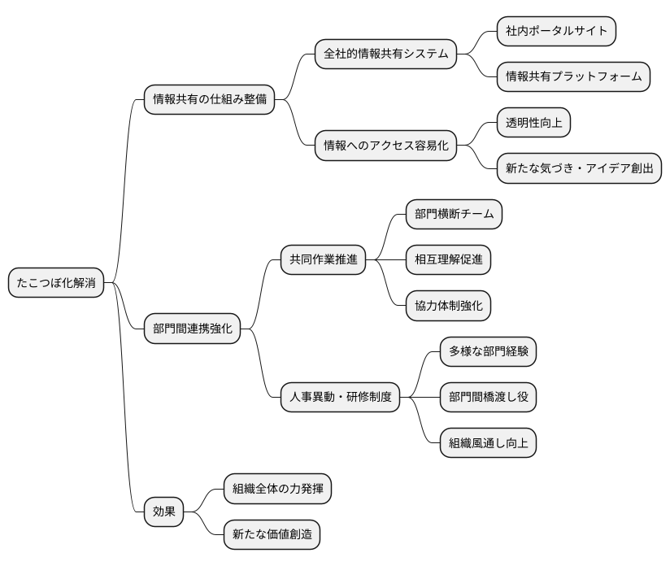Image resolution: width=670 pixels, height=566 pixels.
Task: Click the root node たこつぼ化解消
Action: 56,283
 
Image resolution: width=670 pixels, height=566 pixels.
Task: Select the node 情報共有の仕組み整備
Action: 209,100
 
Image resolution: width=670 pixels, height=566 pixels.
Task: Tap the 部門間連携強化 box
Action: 193,329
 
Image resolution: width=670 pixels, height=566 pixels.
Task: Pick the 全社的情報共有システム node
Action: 386,54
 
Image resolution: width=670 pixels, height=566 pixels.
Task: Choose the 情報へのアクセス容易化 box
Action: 386,146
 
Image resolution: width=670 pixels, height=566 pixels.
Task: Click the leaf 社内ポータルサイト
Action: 557,31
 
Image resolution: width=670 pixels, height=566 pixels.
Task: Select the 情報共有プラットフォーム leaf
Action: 574,76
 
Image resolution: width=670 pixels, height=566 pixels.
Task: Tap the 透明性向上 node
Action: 533,123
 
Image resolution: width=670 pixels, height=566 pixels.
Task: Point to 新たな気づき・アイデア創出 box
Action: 579,168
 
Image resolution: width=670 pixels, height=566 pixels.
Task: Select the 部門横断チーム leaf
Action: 454,214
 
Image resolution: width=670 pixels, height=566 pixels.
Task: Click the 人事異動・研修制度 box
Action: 341,397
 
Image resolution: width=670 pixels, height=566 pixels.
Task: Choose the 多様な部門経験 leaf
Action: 489,351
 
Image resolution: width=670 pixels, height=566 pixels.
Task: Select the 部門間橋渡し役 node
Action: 489,397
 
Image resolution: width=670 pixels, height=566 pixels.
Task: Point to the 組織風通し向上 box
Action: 489,443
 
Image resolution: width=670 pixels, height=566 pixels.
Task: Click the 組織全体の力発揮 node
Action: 279,489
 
